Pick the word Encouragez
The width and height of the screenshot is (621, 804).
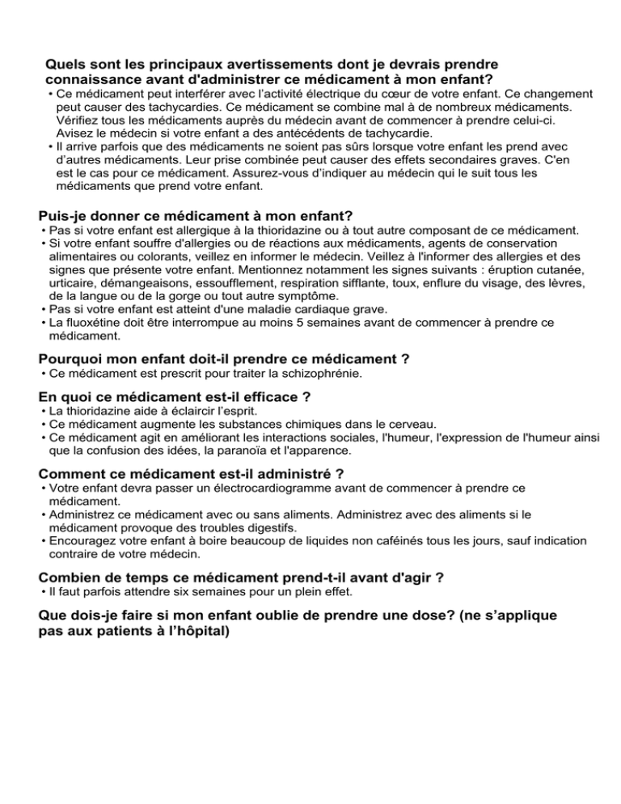(87, 542)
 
